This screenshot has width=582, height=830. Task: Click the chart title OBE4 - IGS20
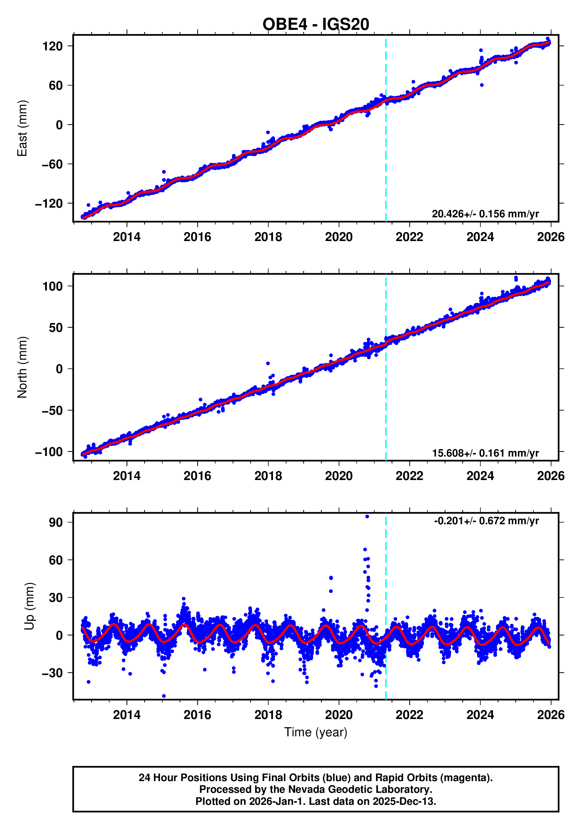(x=315, y=25)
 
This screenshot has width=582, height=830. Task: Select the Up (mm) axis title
(x=30, y=606)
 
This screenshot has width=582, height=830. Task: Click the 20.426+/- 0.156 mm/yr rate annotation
(x=485, y=214)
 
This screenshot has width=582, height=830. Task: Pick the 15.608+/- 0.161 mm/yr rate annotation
(x=485, y=453)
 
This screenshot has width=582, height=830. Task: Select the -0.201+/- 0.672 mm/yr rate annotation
(x=486, y=521)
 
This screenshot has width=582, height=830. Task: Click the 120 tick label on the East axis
(x=52, y=46)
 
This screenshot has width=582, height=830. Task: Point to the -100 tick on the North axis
(x=49, y=452)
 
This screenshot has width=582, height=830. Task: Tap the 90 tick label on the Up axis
(x=56, y=522)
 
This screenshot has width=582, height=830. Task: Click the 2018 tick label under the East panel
(x=268, y=237)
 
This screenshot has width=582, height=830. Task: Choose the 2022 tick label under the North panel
(x=409, y=476)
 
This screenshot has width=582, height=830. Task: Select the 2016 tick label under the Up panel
(x=197, y=715)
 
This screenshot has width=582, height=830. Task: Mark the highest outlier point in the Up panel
(x=367, y=517)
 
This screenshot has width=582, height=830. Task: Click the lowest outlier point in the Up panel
(x=164, y=696)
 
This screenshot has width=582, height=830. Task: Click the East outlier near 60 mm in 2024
(x=482, y=85)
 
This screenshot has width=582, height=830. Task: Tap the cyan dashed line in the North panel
(x=386, y=398)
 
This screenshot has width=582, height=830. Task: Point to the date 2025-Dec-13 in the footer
(x=404, y=801)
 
